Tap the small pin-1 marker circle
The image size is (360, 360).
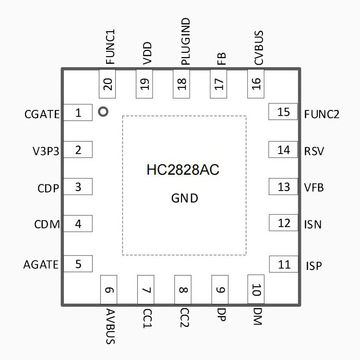102,112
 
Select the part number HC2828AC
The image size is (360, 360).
182,171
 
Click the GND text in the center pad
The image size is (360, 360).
182,199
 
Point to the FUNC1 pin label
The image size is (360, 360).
109,45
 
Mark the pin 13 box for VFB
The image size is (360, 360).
284,187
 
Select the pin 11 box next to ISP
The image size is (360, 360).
284,264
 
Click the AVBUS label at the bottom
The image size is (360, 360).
108,327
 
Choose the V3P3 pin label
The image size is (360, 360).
42,150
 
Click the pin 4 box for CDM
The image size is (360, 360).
77,224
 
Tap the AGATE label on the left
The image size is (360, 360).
39,264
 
